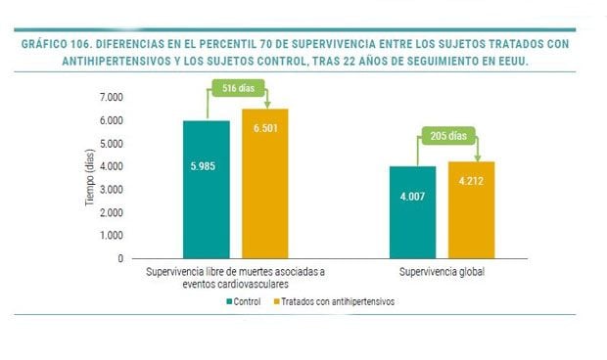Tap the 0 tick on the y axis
coord(120,259)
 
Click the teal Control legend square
coord(229,302)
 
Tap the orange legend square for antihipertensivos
coord(276,302)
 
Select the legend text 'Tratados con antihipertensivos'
coord(339,302)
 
